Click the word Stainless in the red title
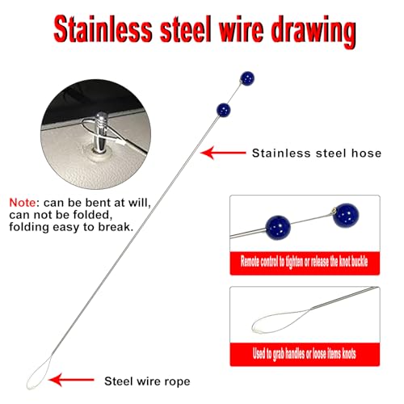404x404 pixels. tap(103, 29)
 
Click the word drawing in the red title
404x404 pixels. tap(314, 32)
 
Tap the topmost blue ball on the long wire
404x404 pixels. tap(247, 78)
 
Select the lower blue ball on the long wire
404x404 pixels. tap(224, 110)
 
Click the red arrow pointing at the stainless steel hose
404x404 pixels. tap(223, 153)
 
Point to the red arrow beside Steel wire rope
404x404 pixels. tap(71, 380)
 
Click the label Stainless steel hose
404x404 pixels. tap(317, 154)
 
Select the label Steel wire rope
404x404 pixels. tap(147, 381)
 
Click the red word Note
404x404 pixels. tap(23, 203)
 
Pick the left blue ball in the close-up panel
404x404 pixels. tap(278, 227)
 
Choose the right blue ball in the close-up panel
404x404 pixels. tap(346, 216)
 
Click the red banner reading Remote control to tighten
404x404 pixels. tap(305, 263)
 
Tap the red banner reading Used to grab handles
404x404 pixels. tap(305, 354)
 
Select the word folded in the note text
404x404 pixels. tap(92, 215)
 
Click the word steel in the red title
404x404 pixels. tap(186, 29)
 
